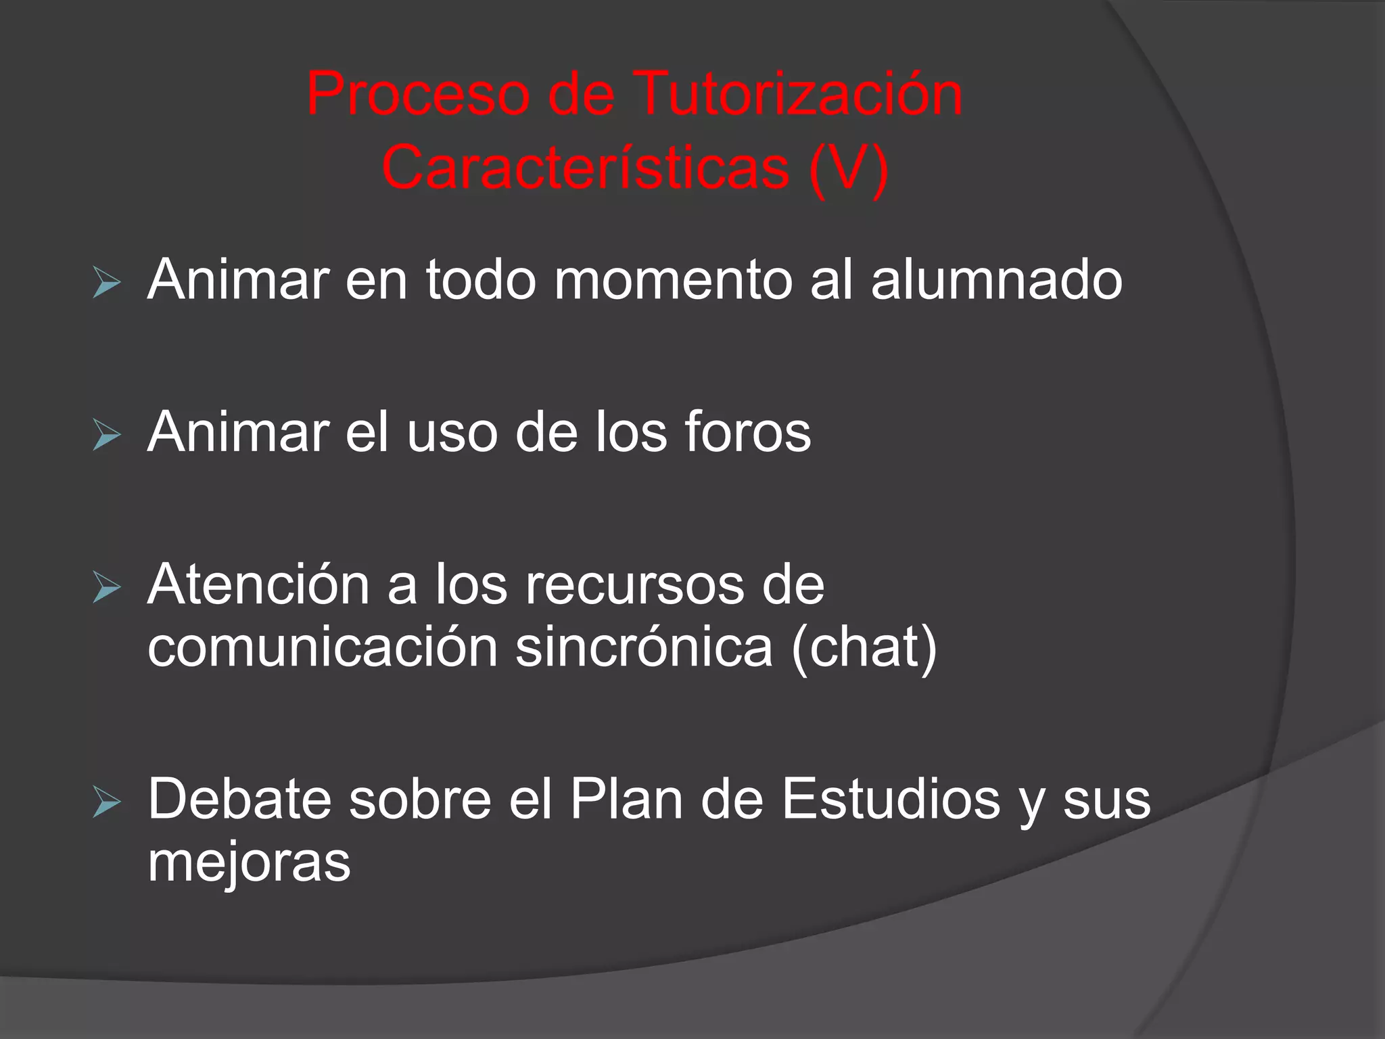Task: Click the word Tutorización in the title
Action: coord(798,95)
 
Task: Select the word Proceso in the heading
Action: coord(418,95)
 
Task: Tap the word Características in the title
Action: coord(586,168)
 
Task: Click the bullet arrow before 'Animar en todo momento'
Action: coord(107,282)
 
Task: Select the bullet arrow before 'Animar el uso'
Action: coord(107,434)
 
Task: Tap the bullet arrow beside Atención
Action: coord(107,586)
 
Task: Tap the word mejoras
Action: coord(249,863)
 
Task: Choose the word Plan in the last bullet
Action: coord(626,800)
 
